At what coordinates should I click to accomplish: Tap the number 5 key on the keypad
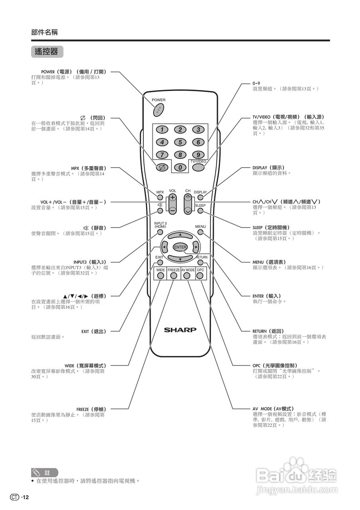pos(180,142)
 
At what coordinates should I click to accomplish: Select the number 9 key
pos(198,155)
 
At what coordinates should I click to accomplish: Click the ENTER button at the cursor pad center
pos(180,247)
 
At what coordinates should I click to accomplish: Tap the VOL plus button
pos(173,198)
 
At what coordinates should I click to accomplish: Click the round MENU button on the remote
pos(201,232)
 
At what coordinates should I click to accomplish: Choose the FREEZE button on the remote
pos(173,275)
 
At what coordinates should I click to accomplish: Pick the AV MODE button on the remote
pos(188,275)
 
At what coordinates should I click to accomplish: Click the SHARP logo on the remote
pos(180,330)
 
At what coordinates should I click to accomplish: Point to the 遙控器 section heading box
pos(47,51)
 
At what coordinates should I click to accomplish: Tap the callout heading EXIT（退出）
pos(94,331)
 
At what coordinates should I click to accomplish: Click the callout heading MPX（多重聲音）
pos(89,168)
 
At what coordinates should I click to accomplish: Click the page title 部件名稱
pos(44,32)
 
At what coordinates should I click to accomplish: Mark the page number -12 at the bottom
pos(25,497)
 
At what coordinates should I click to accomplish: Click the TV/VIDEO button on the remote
pos(198,167)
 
